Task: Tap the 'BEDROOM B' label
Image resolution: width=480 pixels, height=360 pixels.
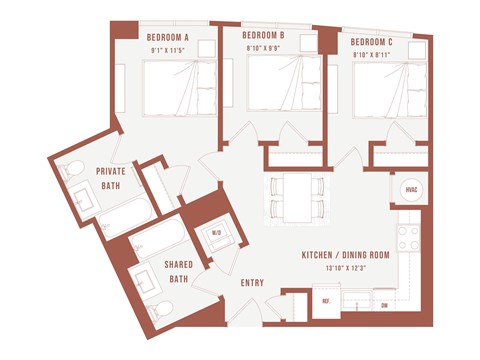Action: pyautogui.click(x=264, y=35)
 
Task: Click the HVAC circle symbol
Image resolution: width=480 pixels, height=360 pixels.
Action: pyautogui.click(x=411, y=191)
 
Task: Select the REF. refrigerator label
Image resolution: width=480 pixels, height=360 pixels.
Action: pyautogui.click(x=325, y=301)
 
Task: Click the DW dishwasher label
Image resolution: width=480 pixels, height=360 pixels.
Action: pyautogui.click(x=383, y=304)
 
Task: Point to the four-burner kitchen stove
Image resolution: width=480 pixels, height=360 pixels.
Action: pyautogui.click(x=409, y=237)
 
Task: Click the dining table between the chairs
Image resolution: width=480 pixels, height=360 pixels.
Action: pyautogui.click(x=295, y=198)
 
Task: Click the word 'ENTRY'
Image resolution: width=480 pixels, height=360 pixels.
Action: pyautogui.click(x=253, y=282)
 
